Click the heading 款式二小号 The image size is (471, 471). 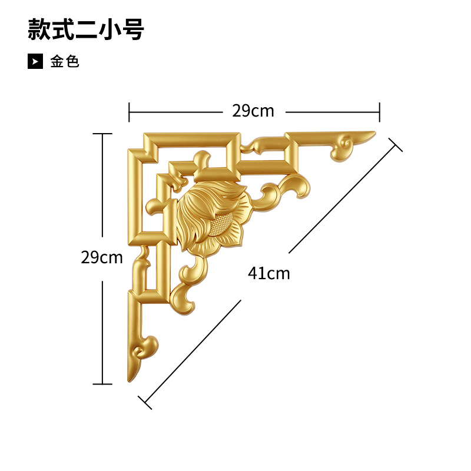(x=86, y=29)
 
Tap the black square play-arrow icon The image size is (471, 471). (x=35, y=61)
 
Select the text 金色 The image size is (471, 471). (x=65, y=61)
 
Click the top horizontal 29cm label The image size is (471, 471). (x=253, y=111)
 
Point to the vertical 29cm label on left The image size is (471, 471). (x=102, y=257)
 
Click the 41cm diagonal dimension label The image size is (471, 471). (x=269, y=273)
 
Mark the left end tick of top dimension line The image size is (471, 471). (x=130, y=111)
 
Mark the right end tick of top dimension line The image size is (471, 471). (x=380, y=111)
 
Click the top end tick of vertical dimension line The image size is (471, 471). (x=102, y=134)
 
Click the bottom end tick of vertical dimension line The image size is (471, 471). (x=102, y=384)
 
